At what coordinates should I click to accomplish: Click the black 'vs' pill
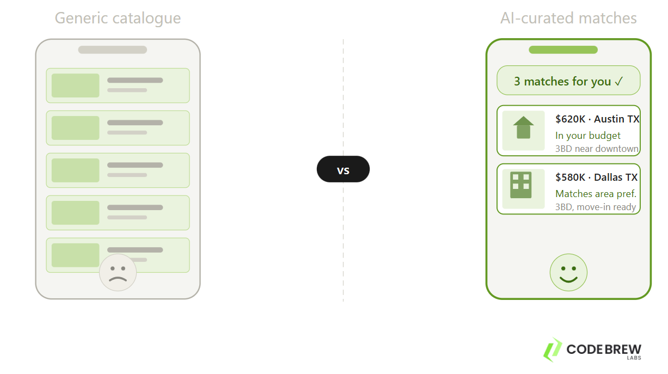point(343,169)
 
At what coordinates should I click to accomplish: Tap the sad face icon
point(118,272)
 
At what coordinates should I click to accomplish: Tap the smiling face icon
point(568,272)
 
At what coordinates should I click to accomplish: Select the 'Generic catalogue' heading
point(118,18)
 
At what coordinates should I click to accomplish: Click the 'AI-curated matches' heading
point(568,18)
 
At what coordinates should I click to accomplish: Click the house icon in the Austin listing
point(523,128)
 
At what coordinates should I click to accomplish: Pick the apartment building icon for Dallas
point(521,185)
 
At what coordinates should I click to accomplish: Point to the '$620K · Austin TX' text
point(597,119)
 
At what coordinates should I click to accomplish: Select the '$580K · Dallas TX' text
point(596,177)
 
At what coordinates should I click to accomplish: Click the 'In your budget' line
point(588,136)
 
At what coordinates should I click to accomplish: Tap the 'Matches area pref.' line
point(596,194)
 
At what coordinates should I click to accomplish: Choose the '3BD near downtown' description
point(597,149)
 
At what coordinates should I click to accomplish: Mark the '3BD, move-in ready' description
point(596,207)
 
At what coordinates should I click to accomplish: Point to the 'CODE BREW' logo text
point(604,349)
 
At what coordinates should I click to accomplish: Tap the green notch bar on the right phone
point(563,50)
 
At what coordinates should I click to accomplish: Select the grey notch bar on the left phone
point(113,50)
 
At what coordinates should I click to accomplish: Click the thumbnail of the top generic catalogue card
point(76,85)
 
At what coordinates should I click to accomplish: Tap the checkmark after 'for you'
point(618,82)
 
